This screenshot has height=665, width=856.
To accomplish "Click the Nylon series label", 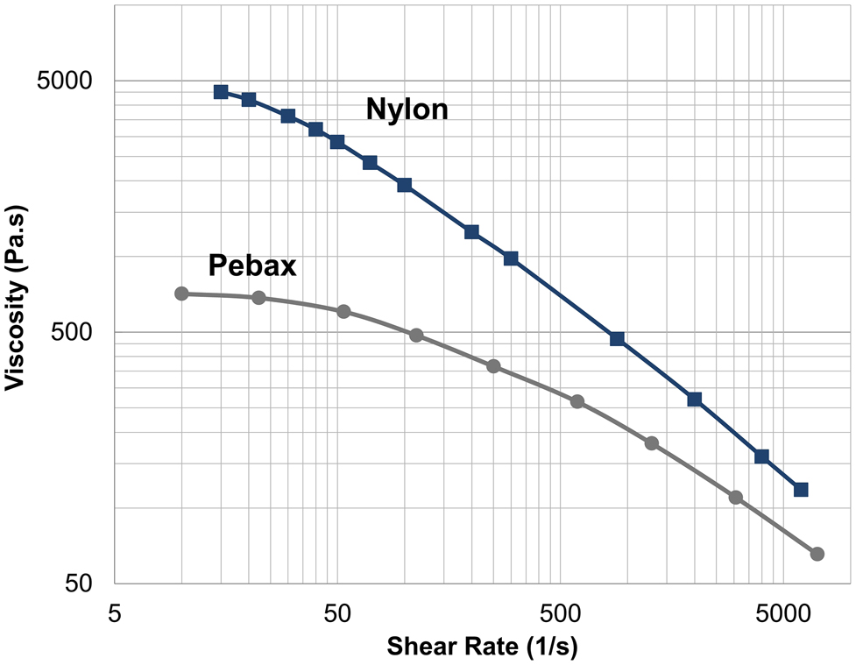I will click(407, 110).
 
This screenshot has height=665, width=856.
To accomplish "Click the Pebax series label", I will click(252, 265).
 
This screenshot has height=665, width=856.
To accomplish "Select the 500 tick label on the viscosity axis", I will click(75, 332).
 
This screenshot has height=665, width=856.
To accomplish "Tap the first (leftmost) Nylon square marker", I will click(221, 92).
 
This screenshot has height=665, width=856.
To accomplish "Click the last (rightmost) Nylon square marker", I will click(801, 489).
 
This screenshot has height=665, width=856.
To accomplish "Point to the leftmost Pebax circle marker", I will click(181, 294).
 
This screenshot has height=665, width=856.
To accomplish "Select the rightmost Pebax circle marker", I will click(817, 554).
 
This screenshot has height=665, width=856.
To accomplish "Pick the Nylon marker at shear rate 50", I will click(337, 142).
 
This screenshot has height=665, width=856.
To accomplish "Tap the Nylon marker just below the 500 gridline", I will click(617, 339).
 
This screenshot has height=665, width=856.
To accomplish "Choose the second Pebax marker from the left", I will click(258, 298).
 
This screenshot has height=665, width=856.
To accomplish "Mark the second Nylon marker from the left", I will click(249, 100).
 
